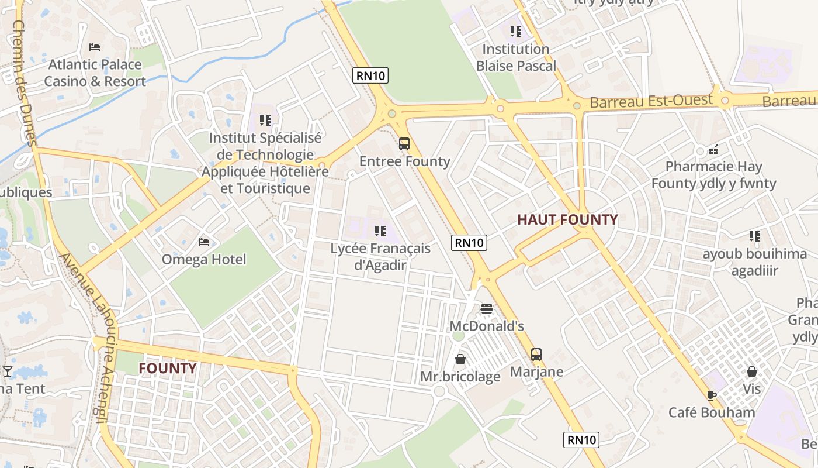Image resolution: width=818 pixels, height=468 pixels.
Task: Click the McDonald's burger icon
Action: coord(487,308)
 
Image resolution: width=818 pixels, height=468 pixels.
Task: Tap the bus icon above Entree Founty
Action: coord(404,143)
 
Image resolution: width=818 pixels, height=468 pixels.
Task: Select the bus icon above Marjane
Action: coord(536,354)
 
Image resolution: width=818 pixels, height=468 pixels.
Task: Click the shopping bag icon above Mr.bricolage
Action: coord(460,359)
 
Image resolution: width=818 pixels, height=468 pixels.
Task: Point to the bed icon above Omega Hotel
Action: coord(204,241)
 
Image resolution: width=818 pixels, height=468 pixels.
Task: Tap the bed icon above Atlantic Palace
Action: coord(95,47)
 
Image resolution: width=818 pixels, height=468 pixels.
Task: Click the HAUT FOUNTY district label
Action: coord(567,219)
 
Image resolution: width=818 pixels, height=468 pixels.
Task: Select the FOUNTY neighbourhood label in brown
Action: coord(167,368)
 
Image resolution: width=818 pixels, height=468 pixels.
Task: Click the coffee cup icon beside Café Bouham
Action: coord(711,395)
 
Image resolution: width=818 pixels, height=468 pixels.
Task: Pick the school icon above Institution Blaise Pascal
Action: coord(515,31)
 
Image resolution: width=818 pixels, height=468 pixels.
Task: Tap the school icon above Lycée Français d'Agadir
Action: coord(380,230)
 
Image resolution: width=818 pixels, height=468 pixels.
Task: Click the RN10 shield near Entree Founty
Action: coord(370,75)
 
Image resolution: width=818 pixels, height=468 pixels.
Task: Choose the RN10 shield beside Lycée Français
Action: coord(469,242)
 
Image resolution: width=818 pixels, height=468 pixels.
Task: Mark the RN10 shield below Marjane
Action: coord(582,440)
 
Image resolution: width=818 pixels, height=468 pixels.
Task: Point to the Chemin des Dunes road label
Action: coord(24,82)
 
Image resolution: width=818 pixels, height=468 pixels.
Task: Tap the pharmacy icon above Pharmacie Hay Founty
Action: coord(713,149)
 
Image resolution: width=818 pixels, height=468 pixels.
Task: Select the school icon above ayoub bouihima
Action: coord(754,236)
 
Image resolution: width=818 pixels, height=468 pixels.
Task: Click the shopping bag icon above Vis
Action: coord(751,371)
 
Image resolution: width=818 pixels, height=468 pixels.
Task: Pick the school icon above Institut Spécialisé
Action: coord(265,121)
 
